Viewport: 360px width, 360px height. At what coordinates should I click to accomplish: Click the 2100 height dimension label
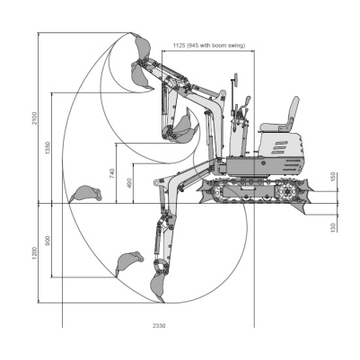click(x=35, y=119)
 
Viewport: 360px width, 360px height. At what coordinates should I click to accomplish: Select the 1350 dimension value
click(x=48, y=148)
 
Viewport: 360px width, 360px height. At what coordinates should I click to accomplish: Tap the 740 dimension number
click(x=112, y=173)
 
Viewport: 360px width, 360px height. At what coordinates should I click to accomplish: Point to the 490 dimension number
click(x=129, y=183)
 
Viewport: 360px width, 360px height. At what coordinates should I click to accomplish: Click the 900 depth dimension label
click(x=48, y=241)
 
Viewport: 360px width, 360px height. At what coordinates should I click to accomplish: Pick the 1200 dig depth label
click(x=35, y=253)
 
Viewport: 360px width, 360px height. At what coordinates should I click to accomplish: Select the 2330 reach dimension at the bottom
click(x=159, y=326)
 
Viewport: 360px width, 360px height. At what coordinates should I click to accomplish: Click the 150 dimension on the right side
click(x=334, y=177)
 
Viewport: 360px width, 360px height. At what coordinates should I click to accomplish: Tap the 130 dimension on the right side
click(x=334, y=227)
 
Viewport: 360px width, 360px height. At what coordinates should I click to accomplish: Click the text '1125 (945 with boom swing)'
click(x=209, y=46)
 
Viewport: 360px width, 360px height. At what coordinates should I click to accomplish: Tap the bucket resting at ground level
click(x=85, y=194)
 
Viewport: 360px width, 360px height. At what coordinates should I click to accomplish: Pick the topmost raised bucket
click(x=142, y=48)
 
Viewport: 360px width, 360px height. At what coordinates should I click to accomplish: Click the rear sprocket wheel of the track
click(x=287, y=190)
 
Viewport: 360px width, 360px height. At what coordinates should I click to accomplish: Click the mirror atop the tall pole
click(x=235, y=79)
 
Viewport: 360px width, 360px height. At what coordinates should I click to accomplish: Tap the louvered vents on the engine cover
click(x=279, y=147)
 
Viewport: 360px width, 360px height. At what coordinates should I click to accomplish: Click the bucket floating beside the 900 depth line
click(x=128, y=262)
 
